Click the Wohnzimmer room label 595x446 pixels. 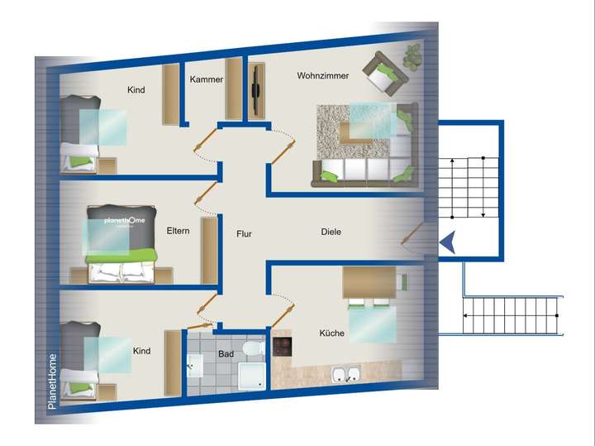coord(322,76)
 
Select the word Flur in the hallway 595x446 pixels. coord(244,234)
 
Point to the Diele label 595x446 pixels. coord(331,233)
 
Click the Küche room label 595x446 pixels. coord(331,333)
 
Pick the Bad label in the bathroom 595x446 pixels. coord(226,354)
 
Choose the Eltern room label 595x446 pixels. coord(178,231)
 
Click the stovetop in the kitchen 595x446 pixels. coord(283,346)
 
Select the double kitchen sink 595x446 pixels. coord(345,375)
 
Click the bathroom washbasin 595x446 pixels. coord(195,364)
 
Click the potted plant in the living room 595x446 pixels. coord(411,56)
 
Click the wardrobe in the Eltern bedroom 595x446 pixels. coord(209,251)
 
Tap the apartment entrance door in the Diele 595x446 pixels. coord(411,236)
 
